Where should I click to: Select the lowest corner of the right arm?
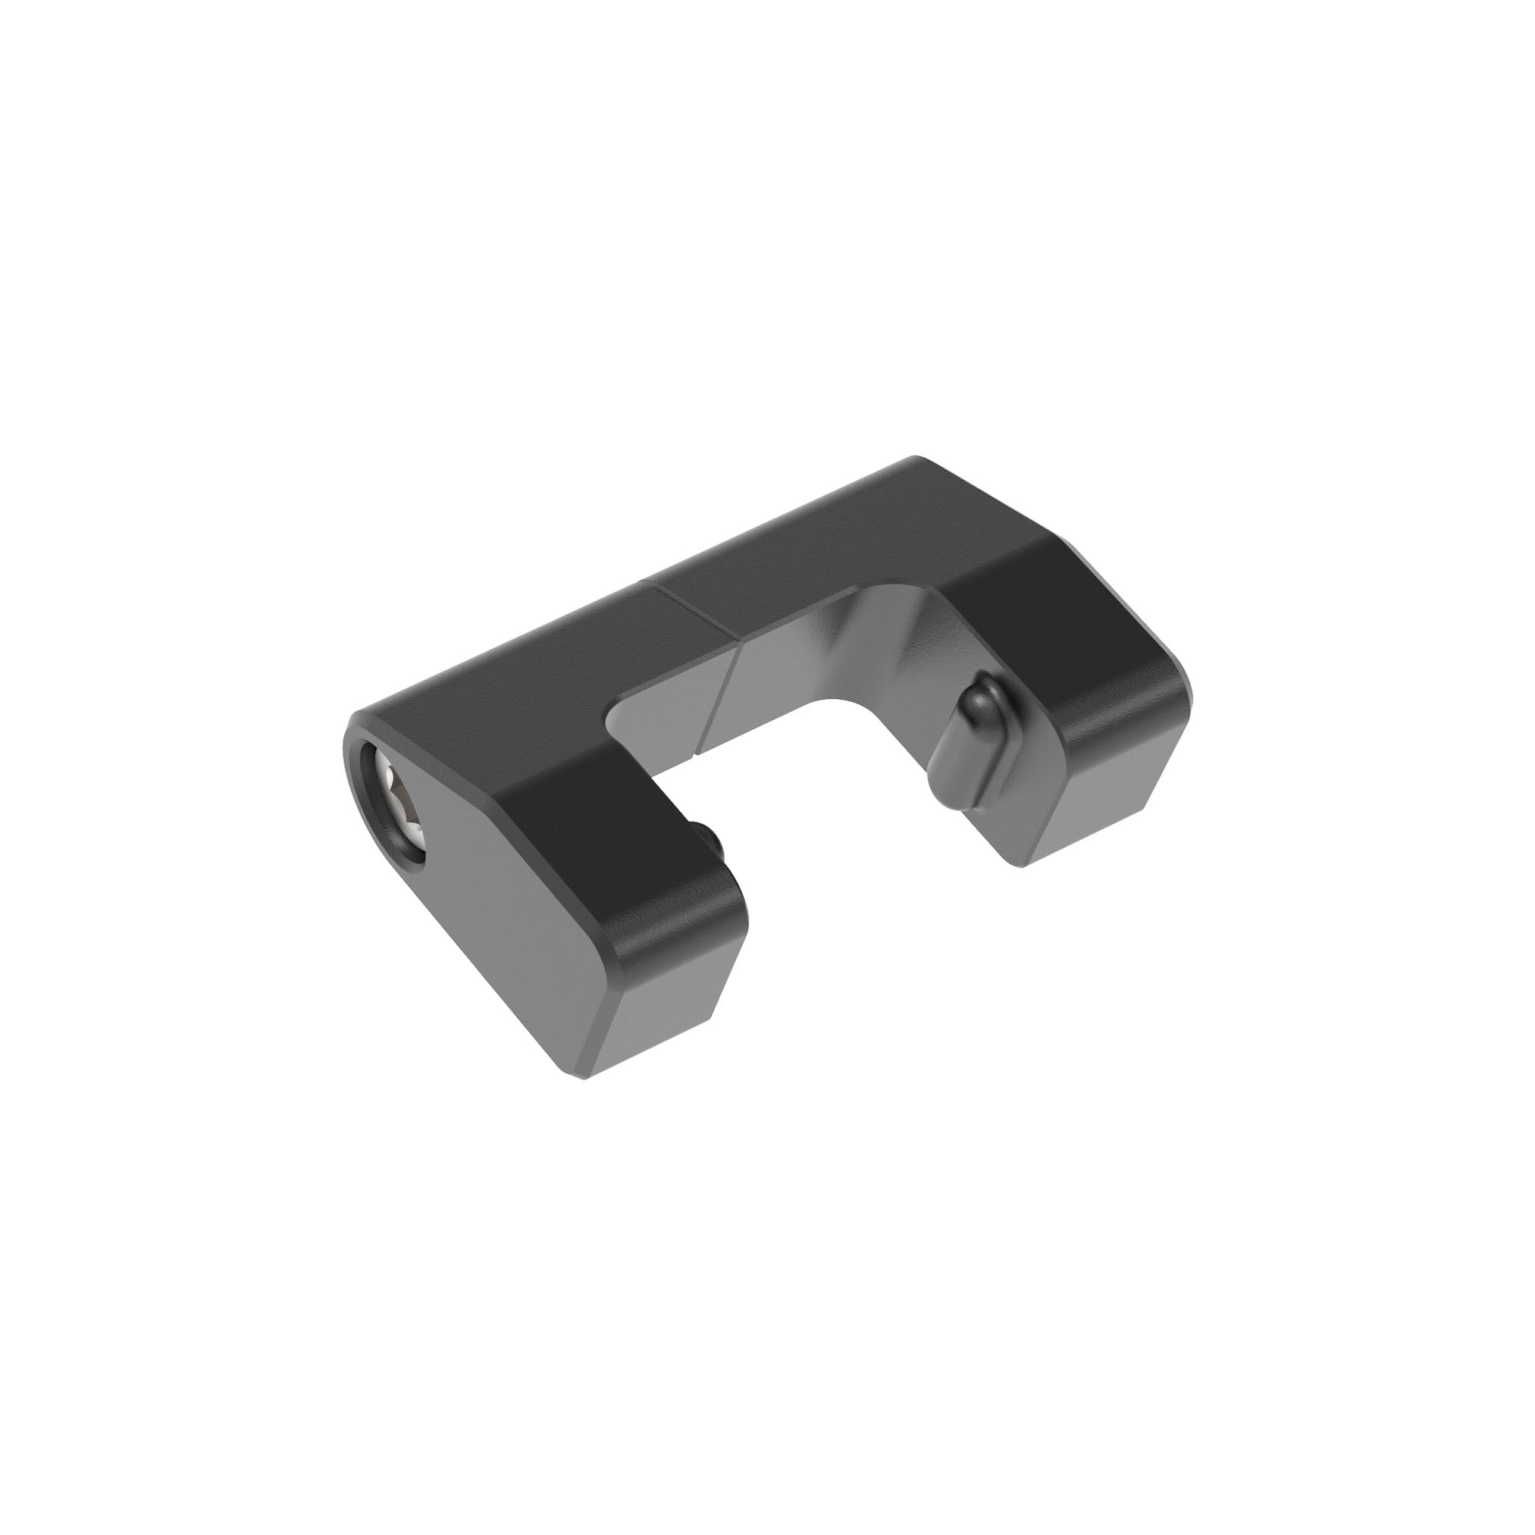[x=1025, y=866]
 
